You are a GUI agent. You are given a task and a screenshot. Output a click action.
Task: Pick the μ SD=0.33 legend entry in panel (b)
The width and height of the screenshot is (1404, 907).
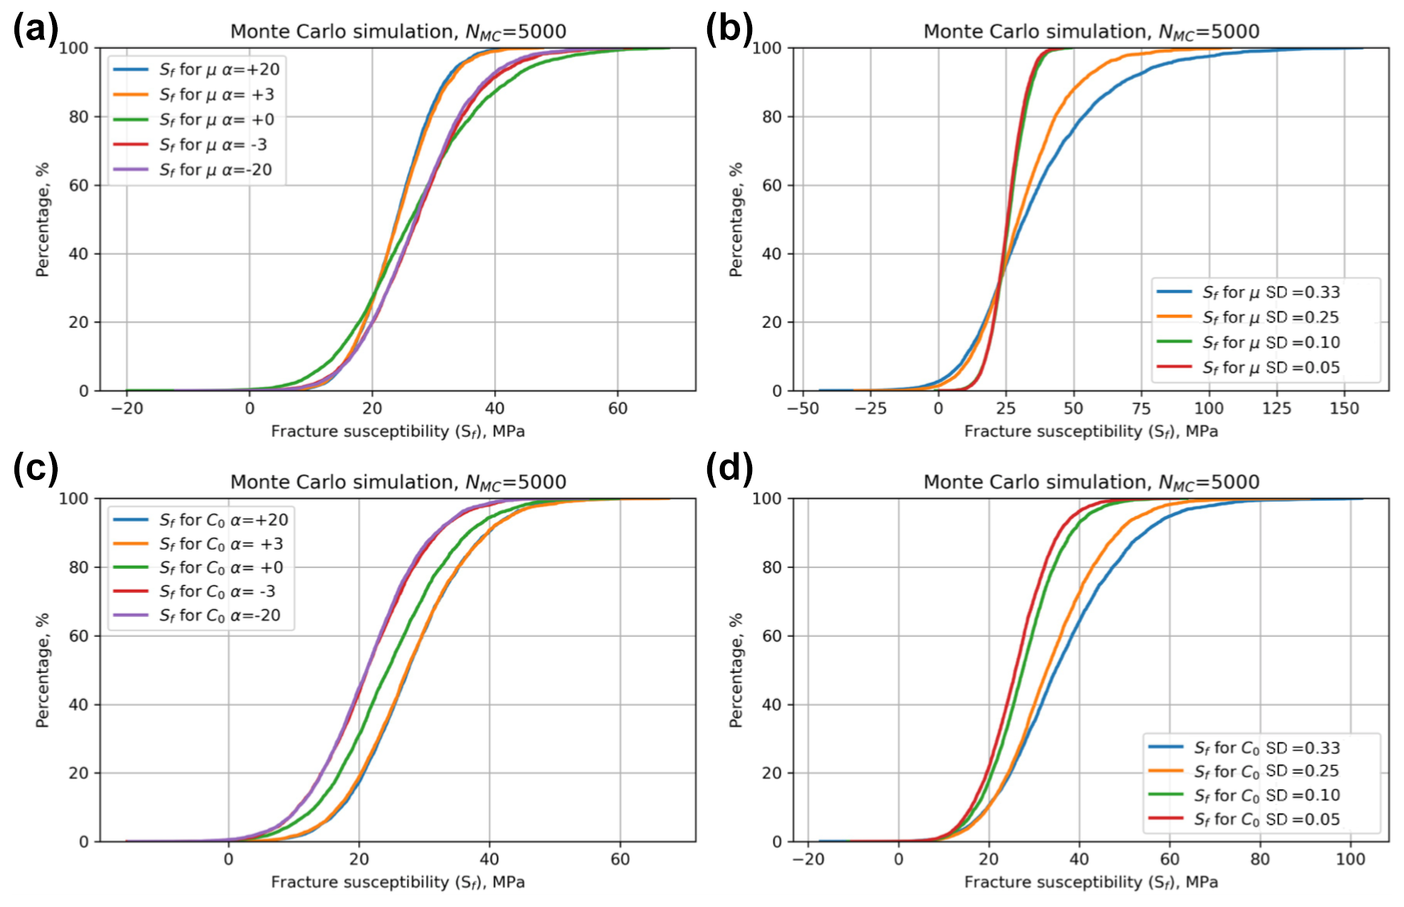point(1270,292)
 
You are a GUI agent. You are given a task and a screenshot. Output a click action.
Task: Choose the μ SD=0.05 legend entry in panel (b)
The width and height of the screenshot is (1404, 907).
point(1270,368)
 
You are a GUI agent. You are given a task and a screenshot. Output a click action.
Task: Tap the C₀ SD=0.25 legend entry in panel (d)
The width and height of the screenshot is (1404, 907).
point(1266,772)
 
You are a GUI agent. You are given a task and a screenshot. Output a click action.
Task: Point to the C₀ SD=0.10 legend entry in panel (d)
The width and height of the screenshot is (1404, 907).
point(1266,796)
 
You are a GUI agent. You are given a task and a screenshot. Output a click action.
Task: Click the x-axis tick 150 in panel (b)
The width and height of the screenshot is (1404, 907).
point(1344,409)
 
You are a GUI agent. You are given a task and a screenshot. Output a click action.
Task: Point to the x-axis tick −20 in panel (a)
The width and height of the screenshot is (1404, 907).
point(127,409)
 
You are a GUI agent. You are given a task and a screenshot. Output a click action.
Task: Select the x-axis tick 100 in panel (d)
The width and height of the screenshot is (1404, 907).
point(1350,859)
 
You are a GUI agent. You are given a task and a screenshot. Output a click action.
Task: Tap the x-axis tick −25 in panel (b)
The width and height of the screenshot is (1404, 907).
point(870,409)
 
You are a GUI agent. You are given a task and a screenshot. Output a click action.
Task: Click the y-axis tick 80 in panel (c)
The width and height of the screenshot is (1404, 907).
point(78,567)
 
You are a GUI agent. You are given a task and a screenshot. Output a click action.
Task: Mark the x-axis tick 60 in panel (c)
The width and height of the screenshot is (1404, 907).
point(619,859)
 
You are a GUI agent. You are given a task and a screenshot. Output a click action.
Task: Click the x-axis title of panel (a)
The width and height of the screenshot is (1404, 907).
point(398,432)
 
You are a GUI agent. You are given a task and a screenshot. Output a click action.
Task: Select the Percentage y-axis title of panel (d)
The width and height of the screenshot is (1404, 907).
point(736,670)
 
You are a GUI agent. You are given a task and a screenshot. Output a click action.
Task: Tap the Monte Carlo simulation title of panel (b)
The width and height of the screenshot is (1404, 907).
point(1091,32)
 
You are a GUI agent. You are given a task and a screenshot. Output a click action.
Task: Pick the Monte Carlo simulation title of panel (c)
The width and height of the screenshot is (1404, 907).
point(398,482)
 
